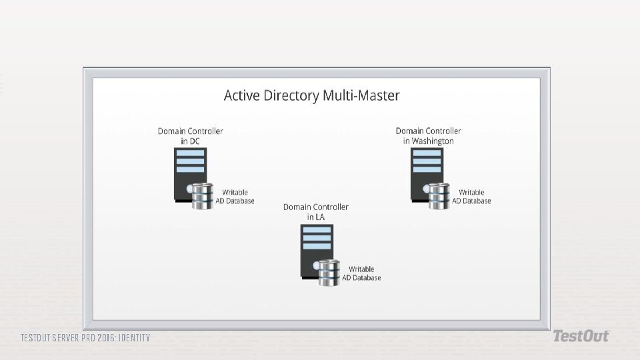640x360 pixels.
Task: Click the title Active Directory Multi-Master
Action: click(x=311, y=96)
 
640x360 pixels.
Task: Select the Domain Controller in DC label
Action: click(x=190, y=136)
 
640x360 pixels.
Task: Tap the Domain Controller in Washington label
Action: click(x=428, y=136)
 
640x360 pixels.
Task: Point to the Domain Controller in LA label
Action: click(x=315, y=212)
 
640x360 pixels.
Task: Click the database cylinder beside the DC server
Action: click(x=202, y=196)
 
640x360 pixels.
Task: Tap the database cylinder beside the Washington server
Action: click(x=439, y=196)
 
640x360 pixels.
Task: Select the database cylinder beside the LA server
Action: click(x=328, y=273)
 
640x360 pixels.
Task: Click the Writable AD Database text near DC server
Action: click(x=235, y=197)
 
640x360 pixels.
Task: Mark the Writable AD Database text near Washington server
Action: click(x=471, y=197)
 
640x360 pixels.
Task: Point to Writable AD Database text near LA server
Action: click(x=361, y=273)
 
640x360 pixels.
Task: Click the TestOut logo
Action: click(x=580, y=336)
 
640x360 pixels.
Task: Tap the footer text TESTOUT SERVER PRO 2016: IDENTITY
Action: click(x=85, y=338)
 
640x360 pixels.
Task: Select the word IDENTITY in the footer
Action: click(x=134, y=338)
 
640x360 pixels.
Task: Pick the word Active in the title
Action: click(x=241, y=96)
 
